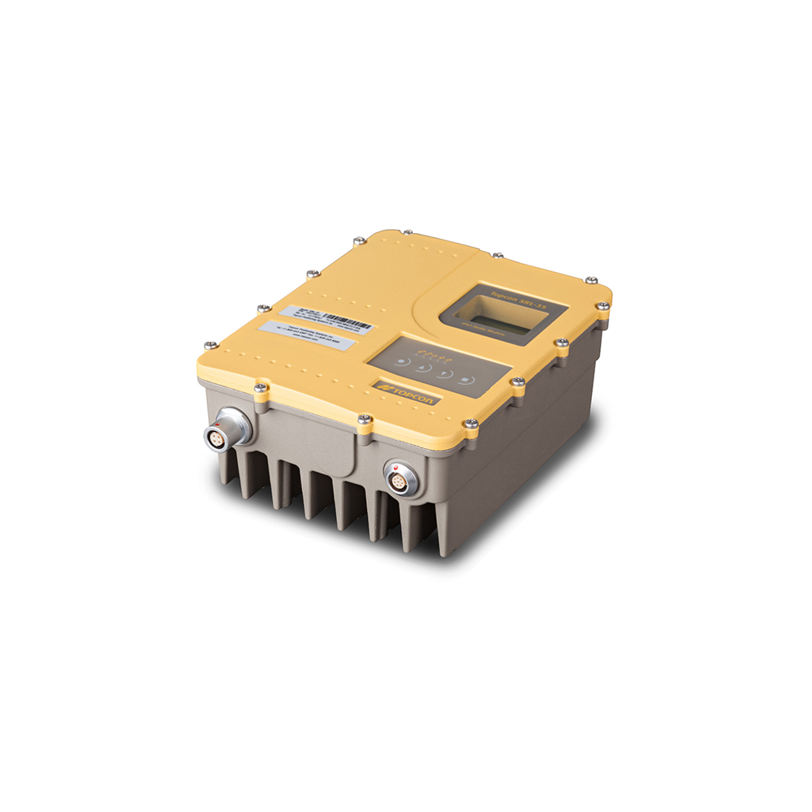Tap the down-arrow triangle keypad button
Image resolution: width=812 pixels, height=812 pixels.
[444, 374]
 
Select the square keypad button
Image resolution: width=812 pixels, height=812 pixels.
[465, 379]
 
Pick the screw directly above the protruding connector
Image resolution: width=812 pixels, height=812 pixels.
[260, 389]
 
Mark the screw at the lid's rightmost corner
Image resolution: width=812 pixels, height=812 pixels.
[602, 306]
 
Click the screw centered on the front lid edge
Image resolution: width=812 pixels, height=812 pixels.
[365, 420]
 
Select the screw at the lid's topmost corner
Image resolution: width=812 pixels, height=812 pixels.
[359, 241]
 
